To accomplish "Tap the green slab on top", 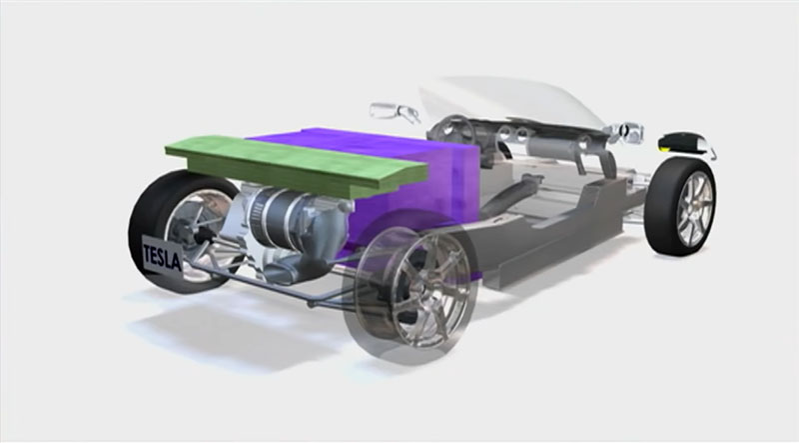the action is [x=296, y=165].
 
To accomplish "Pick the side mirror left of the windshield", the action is [x=395, y=112].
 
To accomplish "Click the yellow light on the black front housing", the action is [x=664, y=149].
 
